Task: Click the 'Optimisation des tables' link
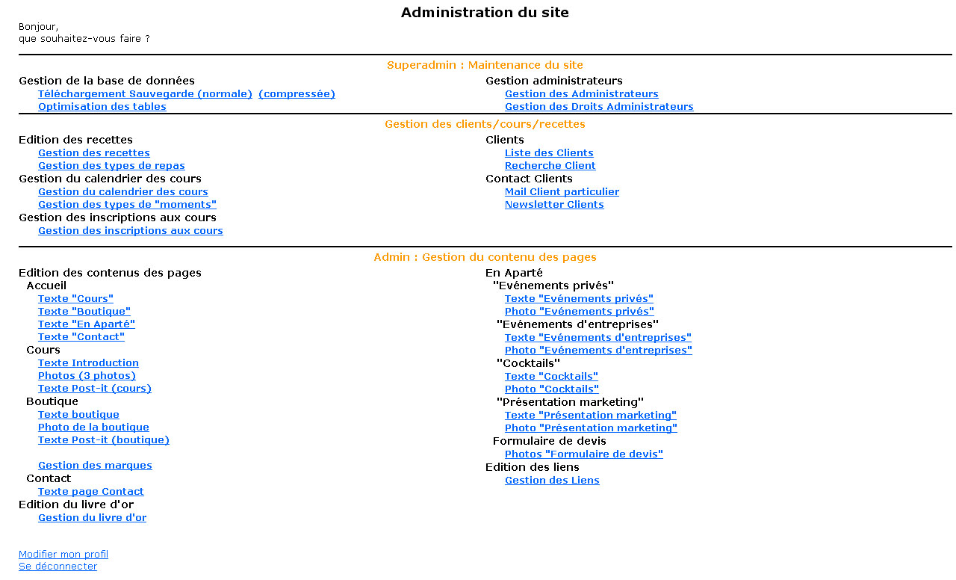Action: tap(102, 106)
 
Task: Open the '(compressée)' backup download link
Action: tap(297, 93)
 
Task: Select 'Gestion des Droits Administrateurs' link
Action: tap(599, 106)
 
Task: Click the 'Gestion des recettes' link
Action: tap(94, 153)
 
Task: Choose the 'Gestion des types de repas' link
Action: tap(111, 166)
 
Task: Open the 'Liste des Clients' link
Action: tap(549, 153)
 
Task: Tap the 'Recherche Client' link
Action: tap(550, 166)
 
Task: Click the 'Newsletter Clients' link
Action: tap(554, 205)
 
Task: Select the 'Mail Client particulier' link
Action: tap(562, 192)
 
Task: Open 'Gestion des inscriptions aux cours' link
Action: tap(130, 231)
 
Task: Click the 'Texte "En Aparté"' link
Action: tap(86, 324)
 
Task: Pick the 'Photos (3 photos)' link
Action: tap(87, 376)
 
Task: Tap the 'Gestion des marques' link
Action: tap(95, 466)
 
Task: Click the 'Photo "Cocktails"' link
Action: tap(551, 389)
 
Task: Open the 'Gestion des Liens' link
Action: tap(552, 480)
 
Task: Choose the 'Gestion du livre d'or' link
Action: tap(92, 518)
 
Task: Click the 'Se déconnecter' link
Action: tap(58, 567)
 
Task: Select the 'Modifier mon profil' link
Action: tap(63, 555)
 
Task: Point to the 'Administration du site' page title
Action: tap(485, 13)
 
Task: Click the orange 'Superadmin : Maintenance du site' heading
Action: tap(485, 65)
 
